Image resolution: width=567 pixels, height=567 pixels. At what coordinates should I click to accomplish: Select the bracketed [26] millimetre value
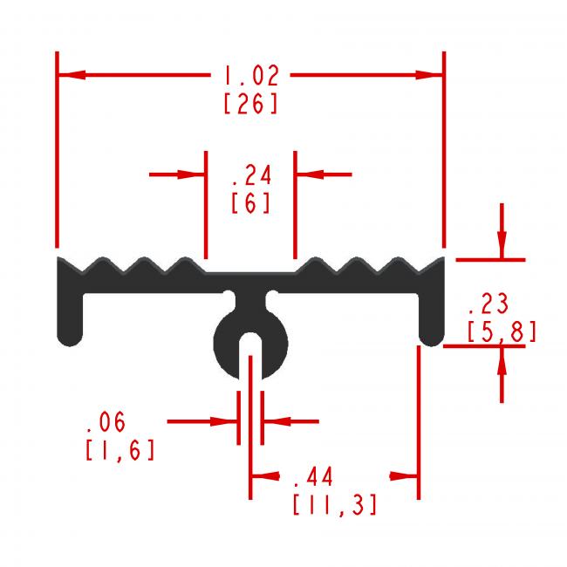point(251,104)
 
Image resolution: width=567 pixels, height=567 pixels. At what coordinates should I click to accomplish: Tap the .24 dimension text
point(252,175)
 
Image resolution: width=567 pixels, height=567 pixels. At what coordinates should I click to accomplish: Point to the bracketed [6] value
point(250,203)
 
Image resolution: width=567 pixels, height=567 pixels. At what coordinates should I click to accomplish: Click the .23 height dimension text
point(488,304)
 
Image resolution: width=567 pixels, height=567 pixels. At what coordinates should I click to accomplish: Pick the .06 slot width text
point(106,421)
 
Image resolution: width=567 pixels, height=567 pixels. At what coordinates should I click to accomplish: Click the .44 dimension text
point(313,476)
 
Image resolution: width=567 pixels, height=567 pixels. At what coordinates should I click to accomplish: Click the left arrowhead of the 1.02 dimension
point(72,75)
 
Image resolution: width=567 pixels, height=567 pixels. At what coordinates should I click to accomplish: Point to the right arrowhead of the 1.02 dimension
point(429,75)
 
